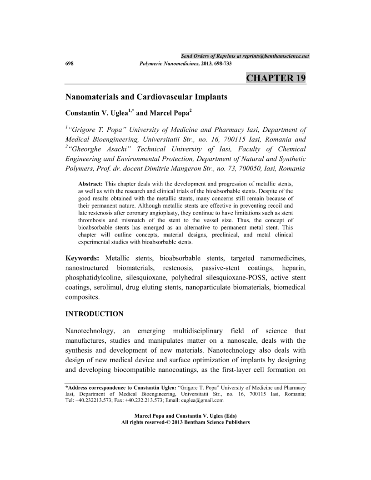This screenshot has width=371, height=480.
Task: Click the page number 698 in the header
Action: pos(70,63)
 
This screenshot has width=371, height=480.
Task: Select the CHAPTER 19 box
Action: pos(276,78)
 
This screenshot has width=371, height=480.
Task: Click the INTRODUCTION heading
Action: pos(95,314)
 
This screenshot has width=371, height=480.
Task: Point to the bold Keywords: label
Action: pos(83,258)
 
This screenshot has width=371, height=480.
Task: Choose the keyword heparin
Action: pos(294,268)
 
